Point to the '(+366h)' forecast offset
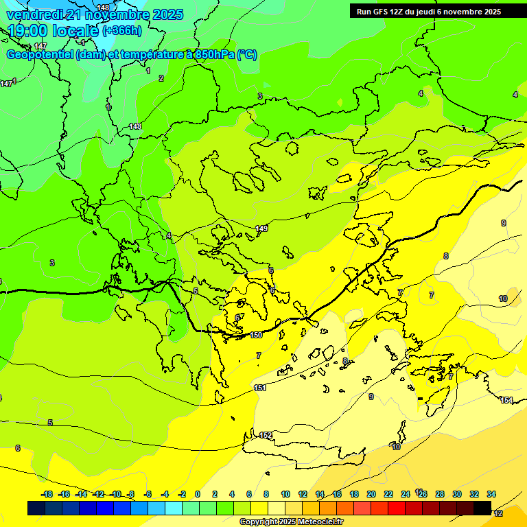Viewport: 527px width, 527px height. click(122, 31)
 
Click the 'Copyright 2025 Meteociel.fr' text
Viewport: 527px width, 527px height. click(291, 522)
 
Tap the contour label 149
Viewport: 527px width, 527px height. click(261, 229)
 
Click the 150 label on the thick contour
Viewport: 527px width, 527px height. click(256, 335)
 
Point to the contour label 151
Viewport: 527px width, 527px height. click(260, 388)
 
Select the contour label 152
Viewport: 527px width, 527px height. click(266, 436)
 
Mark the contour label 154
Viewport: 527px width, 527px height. click(506, 400)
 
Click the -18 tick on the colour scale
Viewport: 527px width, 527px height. click(47, 494)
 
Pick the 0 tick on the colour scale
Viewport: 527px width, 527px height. click(198, 494)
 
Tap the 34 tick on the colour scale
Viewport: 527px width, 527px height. click(491, 494)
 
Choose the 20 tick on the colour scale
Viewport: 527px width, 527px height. click(371, 494)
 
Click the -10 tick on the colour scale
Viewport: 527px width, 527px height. click(116, 494)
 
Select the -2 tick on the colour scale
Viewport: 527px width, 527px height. click(182, 494)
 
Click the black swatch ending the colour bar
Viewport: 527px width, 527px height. click(482, 508)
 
